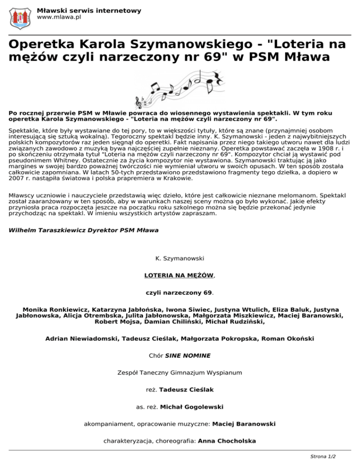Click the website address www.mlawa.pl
point(59,17)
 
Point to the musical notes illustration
point(180,88)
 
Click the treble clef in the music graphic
point(139,102)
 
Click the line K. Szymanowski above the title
point(180,257)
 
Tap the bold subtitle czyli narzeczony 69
point(180,293)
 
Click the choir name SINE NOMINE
point(187,355)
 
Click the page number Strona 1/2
point(323,456)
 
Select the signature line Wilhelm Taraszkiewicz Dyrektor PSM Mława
point(83,231)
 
